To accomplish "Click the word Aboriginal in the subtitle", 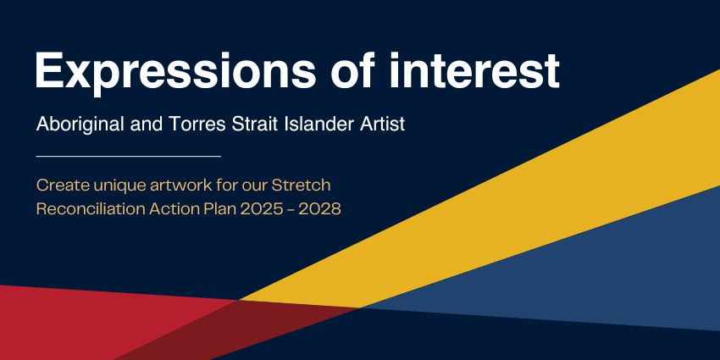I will pos(78,125).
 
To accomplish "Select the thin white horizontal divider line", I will pos(128,156).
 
